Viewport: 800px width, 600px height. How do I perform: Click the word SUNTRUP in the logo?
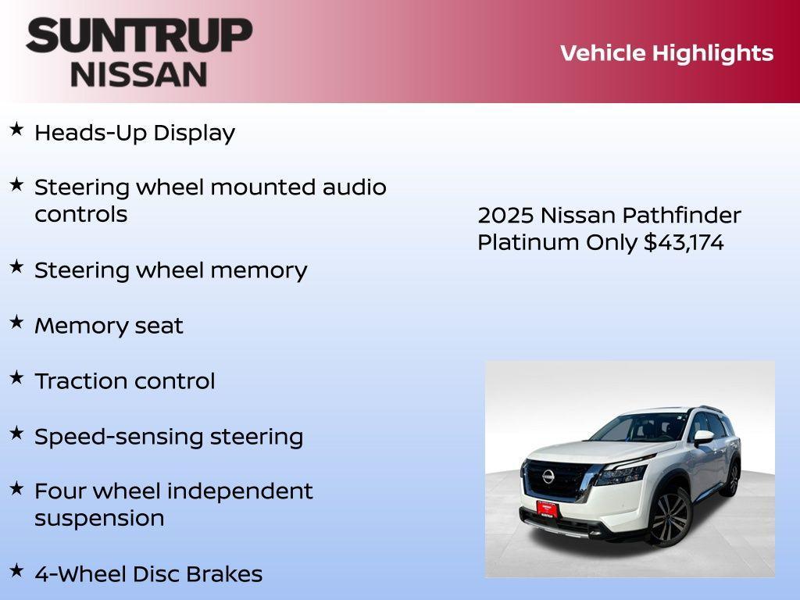[139, 36]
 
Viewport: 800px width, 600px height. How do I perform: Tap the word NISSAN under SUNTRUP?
[139, 73]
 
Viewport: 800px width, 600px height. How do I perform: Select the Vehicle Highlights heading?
[666, 53]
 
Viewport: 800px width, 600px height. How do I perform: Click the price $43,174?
[684, 242]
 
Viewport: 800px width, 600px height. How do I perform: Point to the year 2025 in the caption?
[505, 215]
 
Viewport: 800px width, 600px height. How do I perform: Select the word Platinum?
[528, 242]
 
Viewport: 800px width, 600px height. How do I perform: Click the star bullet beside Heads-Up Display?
[16, 130]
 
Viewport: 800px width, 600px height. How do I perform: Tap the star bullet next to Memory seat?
[16, 322]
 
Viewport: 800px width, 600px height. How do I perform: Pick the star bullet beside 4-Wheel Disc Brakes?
[16, 570]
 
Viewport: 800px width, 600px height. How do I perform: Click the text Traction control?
[125, 381]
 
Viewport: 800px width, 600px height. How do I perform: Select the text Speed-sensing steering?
[169, 437]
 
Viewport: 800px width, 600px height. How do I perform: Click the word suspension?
[99, 518]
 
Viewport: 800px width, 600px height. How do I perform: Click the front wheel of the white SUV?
[670, 517]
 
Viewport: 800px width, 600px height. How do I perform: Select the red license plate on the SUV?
[547, 509]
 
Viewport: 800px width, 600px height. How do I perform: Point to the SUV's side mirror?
[703, 437]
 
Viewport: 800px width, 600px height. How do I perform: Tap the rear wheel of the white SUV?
[733, 478]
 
